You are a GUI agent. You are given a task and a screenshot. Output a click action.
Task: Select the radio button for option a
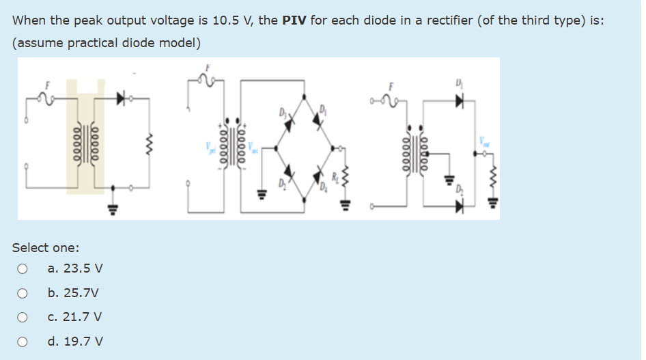point(23,269)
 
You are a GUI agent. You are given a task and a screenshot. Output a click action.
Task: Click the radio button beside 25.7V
point(23,293)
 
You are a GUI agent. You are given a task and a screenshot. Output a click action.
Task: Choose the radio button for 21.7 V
point(23,317)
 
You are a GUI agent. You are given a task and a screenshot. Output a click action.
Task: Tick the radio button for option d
point(23,341)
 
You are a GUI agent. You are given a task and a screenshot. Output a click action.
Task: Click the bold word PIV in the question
point(294,20)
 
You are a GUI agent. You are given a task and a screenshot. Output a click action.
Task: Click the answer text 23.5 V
point(75,269)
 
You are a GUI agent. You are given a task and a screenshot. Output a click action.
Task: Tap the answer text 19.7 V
point(75,341)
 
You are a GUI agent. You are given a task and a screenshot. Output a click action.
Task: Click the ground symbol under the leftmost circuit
point(112,205)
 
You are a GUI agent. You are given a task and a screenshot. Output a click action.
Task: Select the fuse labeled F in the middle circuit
point(206,79)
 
